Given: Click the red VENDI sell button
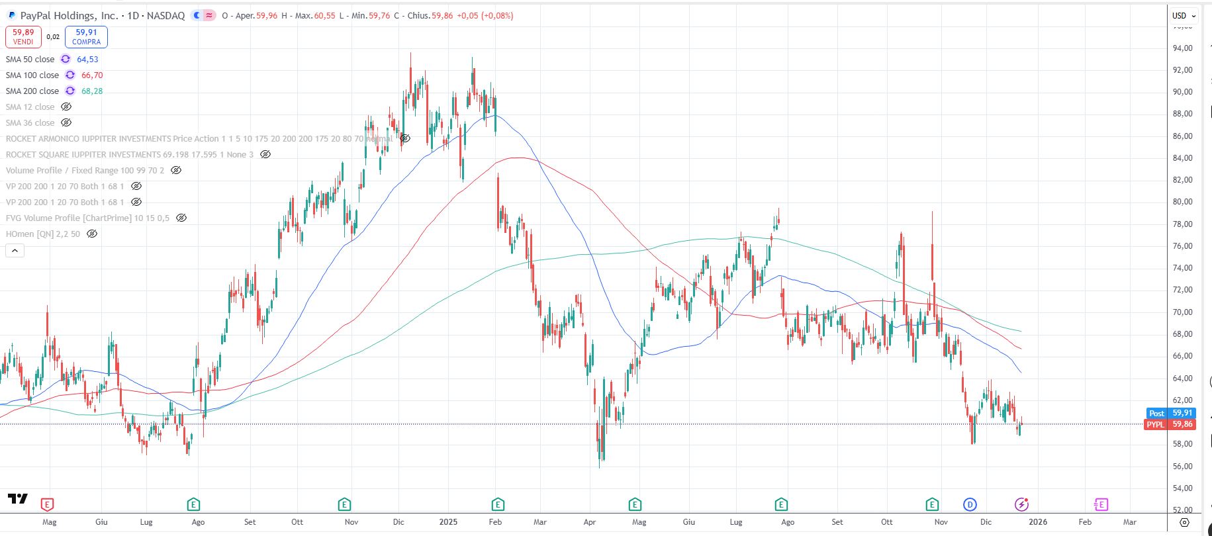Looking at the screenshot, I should point(23,37).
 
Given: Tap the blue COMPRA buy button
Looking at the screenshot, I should point(86,37).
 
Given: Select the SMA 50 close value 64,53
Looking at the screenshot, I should point(87,60).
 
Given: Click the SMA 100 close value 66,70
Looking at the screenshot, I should point(92,75).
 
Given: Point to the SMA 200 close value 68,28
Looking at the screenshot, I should point(92,91).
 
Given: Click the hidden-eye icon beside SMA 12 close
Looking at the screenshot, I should point(66,107).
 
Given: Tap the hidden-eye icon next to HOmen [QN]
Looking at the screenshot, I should point(92,234).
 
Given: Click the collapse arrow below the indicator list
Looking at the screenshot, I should point(15,251).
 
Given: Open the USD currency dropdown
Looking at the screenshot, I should point(1184,16).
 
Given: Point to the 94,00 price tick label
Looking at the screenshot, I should point(1182,48).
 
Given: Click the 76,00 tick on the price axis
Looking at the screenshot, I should point(1182,246).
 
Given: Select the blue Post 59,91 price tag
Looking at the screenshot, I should point(1170,413).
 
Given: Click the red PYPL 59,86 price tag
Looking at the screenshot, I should point(1170,424).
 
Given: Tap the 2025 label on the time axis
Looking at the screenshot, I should point(448,522).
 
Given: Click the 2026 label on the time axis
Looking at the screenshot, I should point(1037,522).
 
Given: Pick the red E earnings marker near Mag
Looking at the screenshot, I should point(47,505).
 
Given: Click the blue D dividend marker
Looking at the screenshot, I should point(970,505).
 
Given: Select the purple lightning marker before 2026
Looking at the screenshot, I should point(1021,505).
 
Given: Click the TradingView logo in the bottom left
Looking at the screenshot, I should point(18,498).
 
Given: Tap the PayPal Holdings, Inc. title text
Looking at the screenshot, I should point(69,16).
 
